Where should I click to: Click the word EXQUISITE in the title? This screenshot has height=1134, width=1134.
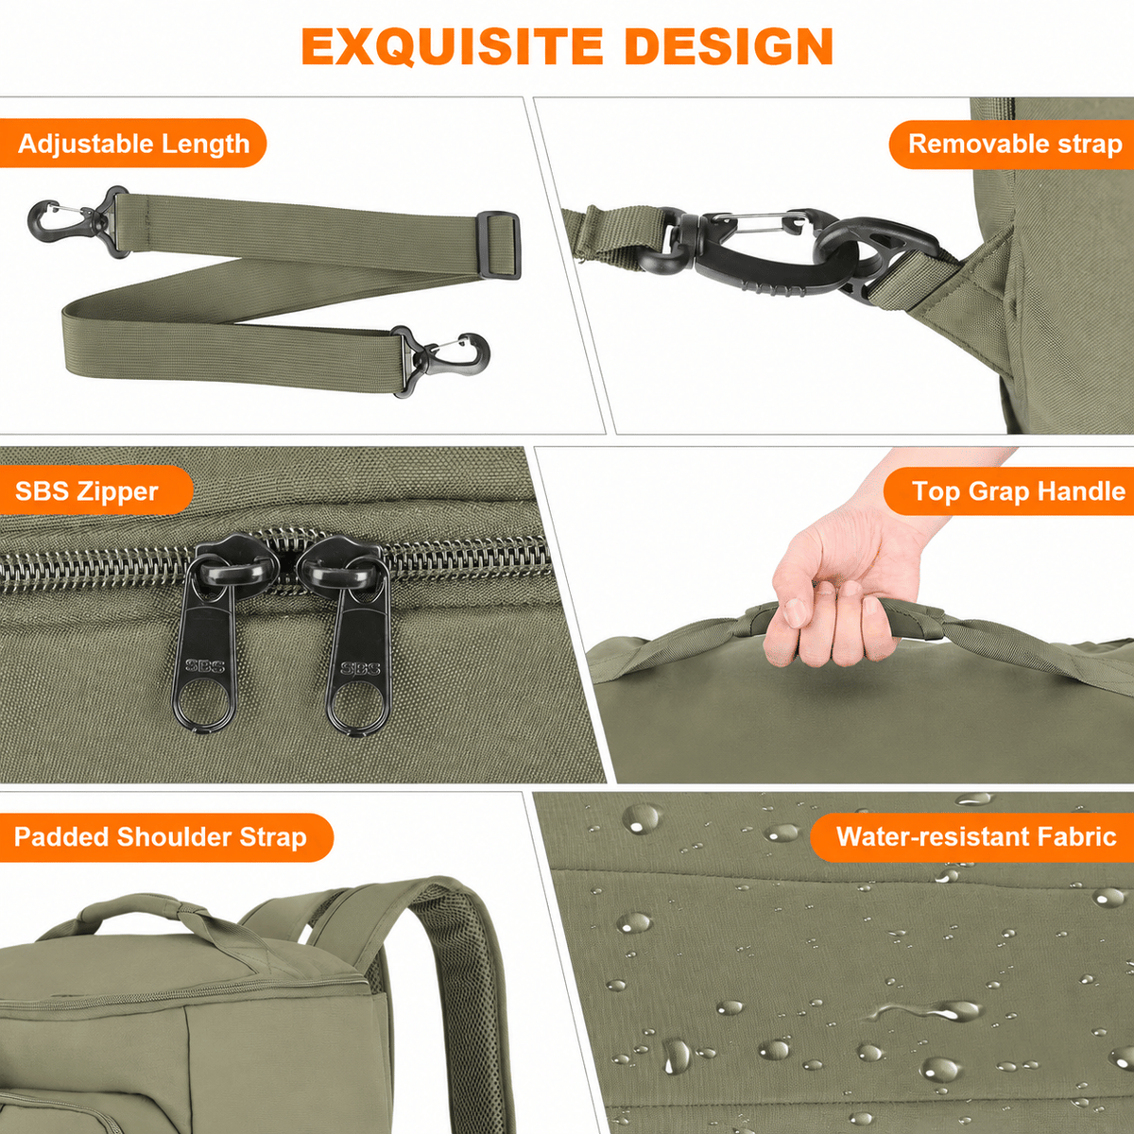pos(452,46)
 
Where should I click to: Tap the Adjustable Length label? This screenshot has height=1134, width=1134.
pos(133,144)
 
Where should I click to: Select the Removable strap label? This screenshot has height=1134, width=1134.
pos(1015,145)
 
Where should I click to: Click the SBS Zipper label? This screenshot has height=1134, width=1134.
pos(87,491)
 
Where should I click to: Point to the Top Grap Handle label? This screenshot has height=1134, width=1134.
pos(1018,491)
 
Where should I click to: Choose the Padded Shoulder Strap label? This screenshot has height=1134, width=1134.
pos(160,837)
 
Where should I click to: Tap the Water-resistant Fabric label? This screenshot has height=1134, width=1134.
pos(976,836)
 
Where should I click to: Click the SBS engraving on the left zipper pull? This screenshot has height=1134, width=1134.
pos(204,666)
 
